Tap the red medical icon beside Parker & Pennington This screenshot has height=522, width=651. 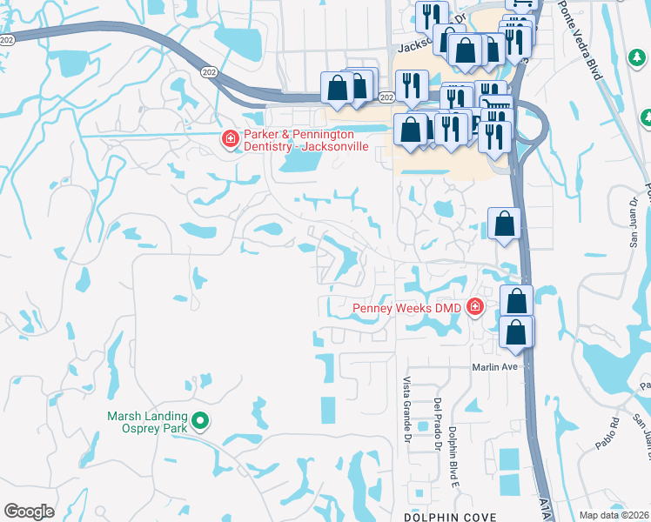click(x=231, y=139)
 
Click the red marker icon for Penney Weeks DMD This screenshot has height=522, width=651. click(x=475, y=306)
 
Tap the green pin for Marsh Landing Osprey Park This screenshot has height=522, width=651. click(x=200, y=422)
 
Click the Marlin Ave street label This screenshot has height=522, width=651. click(x=495, y=367)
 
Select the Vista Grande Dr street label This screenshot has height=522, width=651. click(x=406, y=410)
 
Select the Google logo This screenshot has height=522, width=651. click(x=29, y=512)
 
